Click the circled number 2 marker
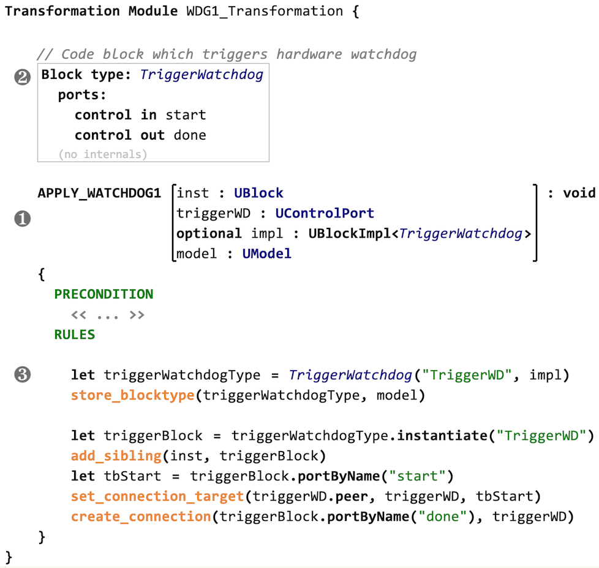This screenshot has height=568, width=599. coord(23,77)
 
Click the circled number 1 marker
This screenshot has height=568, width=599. coord(23,219)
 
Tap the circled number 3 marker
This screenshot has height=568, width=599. coord(23,374)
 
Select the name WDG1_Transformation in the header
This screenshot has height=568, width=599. coord(265,11)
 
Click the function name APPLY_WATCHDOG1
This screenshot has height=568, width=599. coord(99,193)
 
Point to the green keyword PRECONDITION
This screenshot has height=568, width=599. coord(104,294)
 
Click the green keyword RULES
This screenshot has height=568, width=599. coord(75,335)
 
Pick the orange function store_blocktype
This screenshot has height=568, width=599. coord(132,395)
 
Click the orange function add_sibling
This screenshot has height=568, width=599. coord(116,456)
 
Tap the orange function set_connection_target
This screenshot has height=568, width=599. coord(157,496)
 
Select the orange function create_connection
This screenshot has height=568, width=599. coord(141,517)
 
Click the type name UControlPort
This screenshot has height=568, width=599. coord(325,213)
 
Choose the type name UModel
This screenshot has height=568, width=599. coord(266,254)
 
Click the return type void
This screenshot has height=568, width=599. coord(579,193)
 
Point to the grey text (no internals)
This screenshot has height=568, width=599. coord(103,154)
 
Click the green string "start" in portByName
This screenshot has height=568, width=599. coord(417,476)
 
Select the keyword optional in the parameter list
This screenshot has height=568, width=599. coord(209,233)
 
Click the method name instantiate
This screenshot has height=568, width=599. coord(442,436)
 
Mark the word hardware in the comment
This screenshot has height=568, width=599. coord(309,55)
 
